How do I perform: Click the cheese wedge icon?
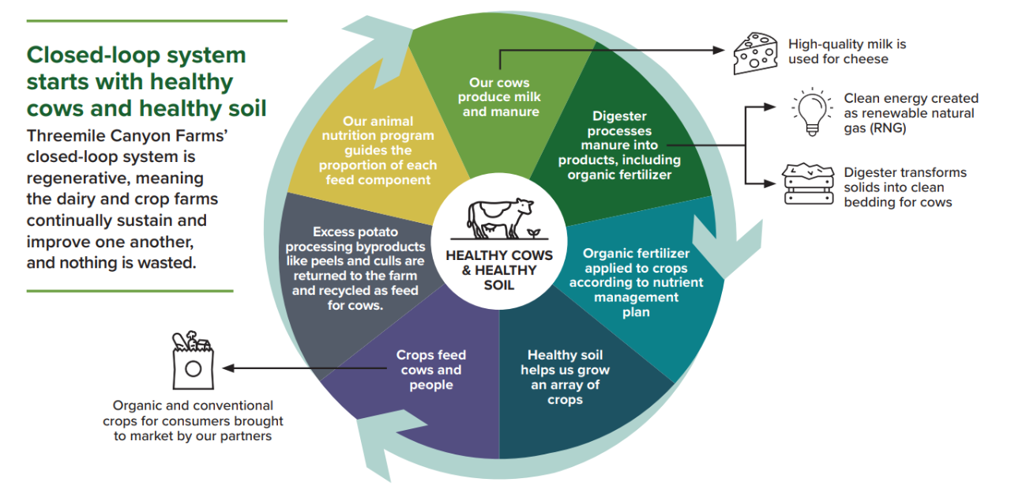(755, 53)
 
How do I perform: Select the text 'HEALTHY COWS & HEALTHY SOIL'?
(499, 269)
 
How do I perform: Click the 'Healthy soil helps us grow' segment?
(565, 377)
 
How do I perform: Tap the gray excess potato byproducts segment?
(355, 269)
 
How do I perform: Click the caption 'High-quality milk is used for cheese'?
(841, 51)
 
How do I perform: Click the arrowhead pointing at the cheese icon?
(719, 49)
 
